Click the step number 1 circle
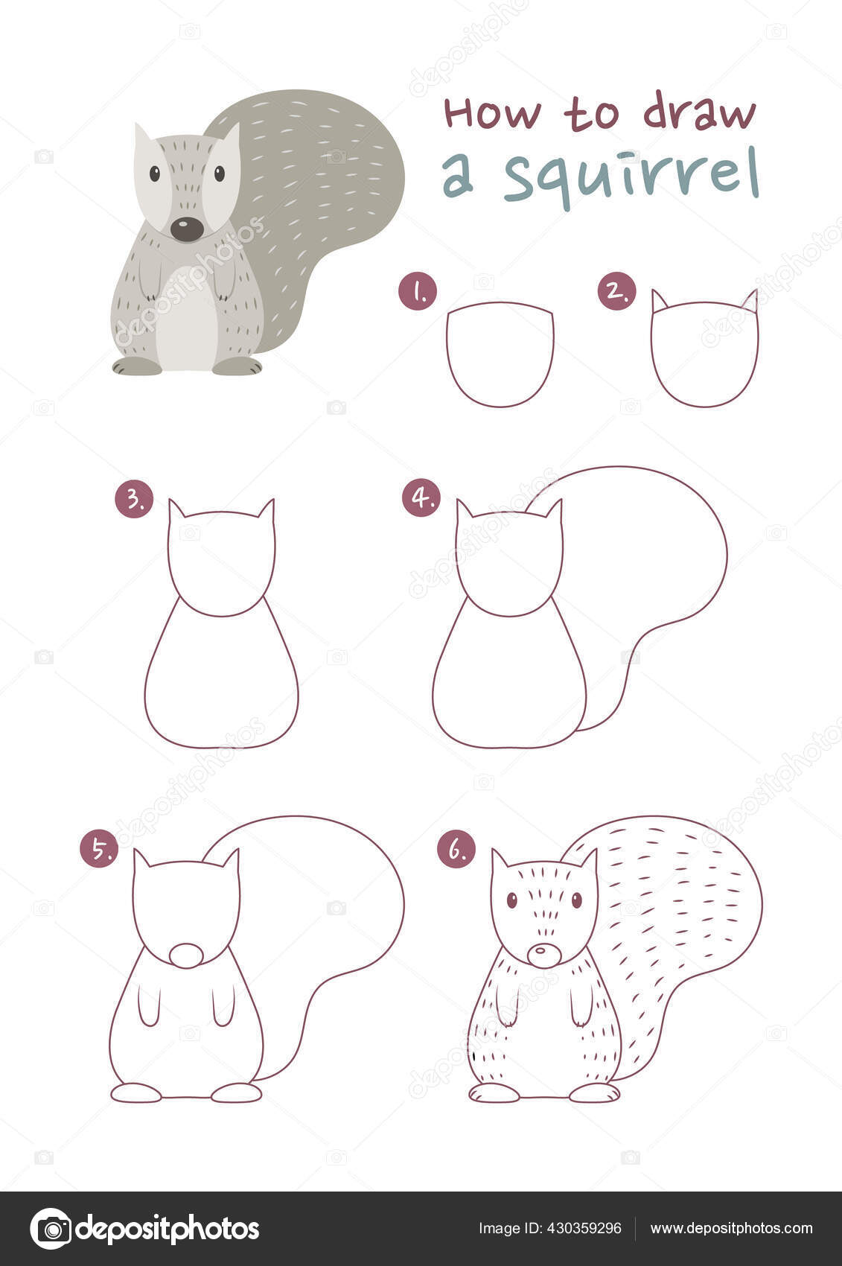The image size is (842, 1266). (418, 291)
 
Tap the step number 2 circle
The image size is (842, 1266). (617, 291)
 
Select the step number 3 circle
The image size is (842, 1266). (134, 500)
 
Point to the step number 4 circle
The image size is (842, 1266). (421, 498)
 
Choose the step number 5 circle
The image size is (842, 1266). (99, 849)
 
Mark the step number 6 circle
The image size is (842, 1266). (456, 849)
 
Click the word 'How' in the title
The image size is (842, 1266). (492, 113)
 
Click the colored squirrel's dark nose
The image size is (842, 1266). (187, 229)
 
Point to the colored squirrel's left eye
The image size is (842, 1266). (155, 174)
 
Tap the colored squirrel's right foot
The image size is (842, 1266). (237, 366)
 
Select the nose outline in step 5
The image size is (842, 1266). (186, 955)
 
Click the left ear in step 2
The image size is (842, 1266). (659, 302)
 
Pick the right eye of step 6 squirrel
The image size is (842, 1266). (576, 900)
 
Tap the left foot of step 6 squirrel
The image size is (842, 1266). (494, 1092)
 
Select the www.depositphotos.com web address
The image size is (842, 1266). (731, 1228)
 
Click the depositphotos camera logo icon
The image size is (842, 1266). (51, 1228)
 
